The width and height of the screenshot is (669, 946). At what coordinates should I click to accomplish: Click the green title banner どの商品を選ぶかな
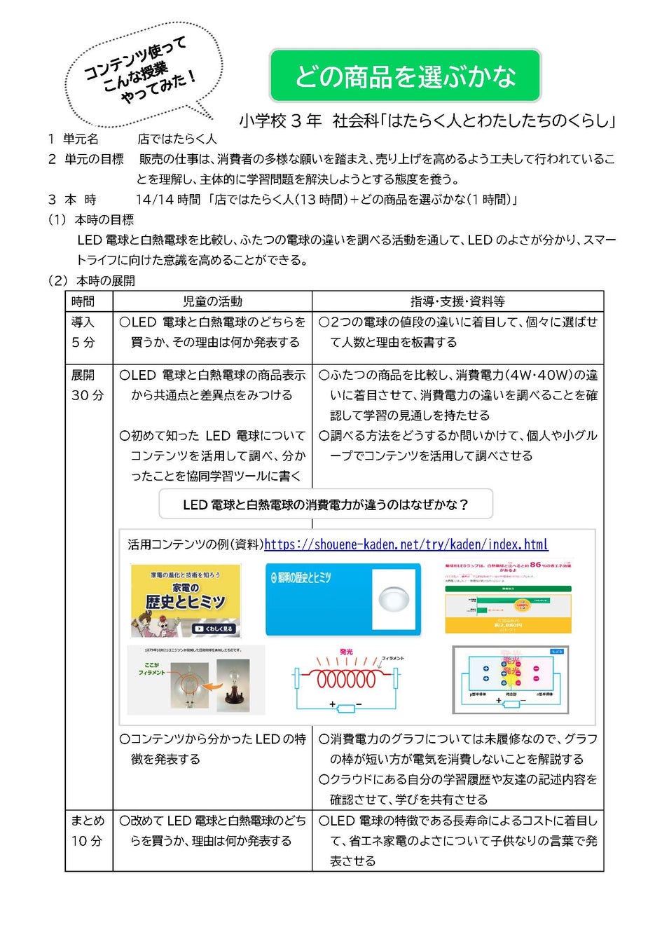[x=405, y=76]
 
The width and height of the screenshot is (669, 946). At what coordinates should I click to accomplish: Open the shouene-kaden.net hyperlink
[x=406, y=544]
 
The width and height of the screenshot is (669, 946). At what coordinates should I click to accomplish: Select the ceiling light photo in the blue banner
[x=396, y=599]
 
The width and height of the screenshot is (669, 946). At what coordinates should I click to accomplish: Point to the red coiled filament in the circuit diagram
[x=346, y=679]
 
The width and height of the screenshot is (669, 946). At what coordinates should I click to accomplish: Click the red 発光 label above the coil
[x=346, y=652]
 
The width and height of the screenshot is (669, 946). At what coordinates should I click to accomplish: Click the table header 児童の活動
[x=212, y=301]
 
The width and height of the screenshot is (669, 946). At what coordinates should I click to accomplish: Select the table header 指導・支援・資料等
[x=457, y=301]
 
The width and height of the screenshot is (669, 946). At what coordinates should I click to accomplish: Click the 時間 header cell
[x=83, y=301]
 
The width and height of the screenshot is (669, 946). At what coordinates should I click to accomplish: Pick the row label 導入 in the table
[x=83, y=322]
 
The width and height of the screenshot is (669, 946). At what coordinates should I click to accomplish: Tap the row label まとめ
[x=88, y=821]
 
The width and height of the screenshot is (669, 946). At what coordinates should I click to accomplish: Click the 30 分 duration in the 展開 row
[x=88, y=395]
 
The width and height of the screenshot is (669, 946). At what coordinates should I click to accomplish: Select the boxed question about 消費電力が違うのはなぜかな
[x=326, y=505]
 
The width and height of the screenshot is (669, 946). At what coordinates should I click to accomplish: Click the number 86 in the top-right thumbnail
[x=536, y=564]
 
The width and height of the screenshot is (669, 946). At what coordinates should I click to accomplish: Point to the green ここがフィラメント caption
[x=151, y=669]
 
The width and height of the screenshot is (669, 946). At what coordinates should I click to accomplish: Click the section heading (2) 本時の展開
[x=92, y=280]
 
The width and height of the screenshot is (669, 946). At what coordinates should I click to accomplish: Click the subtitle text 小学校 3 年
[x=280, y=121]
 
